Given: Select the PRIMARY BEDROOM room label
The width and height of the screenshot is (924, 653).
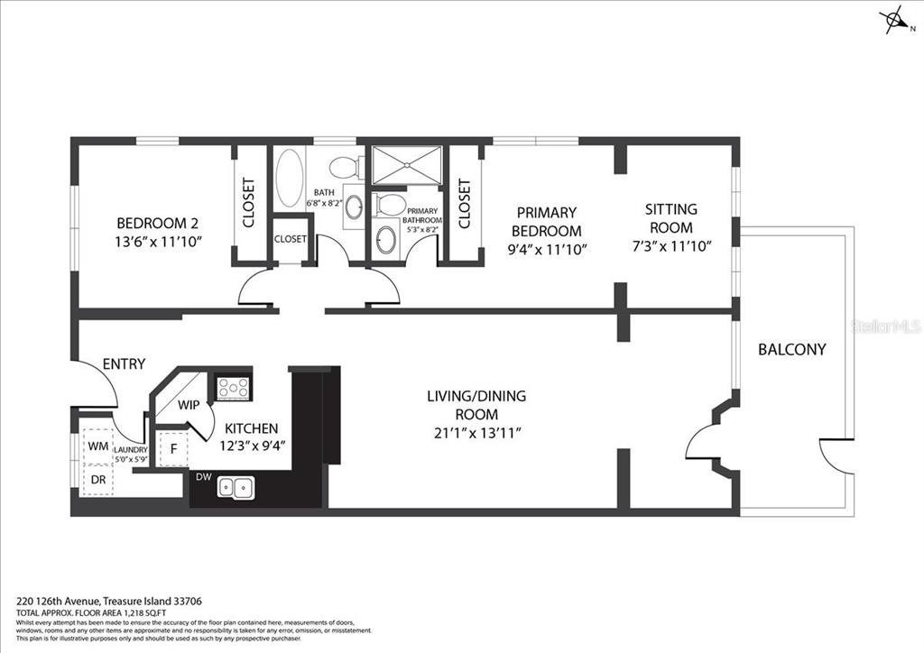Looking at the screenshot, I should [546, 212].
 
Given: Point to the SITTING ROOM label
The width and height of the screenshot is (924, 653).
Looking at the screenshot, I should [670, 209].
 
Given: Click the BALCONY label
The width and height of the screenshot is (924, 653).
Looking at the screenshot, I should [791, 349].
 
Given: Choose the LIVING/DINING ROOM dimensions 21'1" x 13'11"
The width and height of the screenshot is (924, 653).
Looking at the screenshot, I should [476, 433].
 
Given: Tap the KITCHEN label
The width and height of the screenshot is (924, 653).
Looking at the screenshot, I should [251, 428].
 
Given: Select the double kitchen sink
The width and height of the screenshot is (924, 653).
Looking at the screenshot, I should [236, 488].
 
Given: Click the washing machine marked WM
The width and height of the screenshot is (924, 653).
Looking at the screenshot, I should [97, 446].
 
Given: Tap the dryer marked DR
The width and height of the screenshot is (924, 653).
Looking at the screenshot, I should [97, 481].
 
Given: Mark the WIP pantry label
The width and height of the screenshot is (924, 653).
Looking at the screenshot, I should [188, 404].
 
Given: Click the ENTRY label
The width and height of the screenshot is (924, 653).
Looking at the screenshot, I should [124, 363].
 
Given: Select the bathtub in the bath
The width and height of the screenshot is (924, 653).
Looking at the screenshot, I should [290, 179].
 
